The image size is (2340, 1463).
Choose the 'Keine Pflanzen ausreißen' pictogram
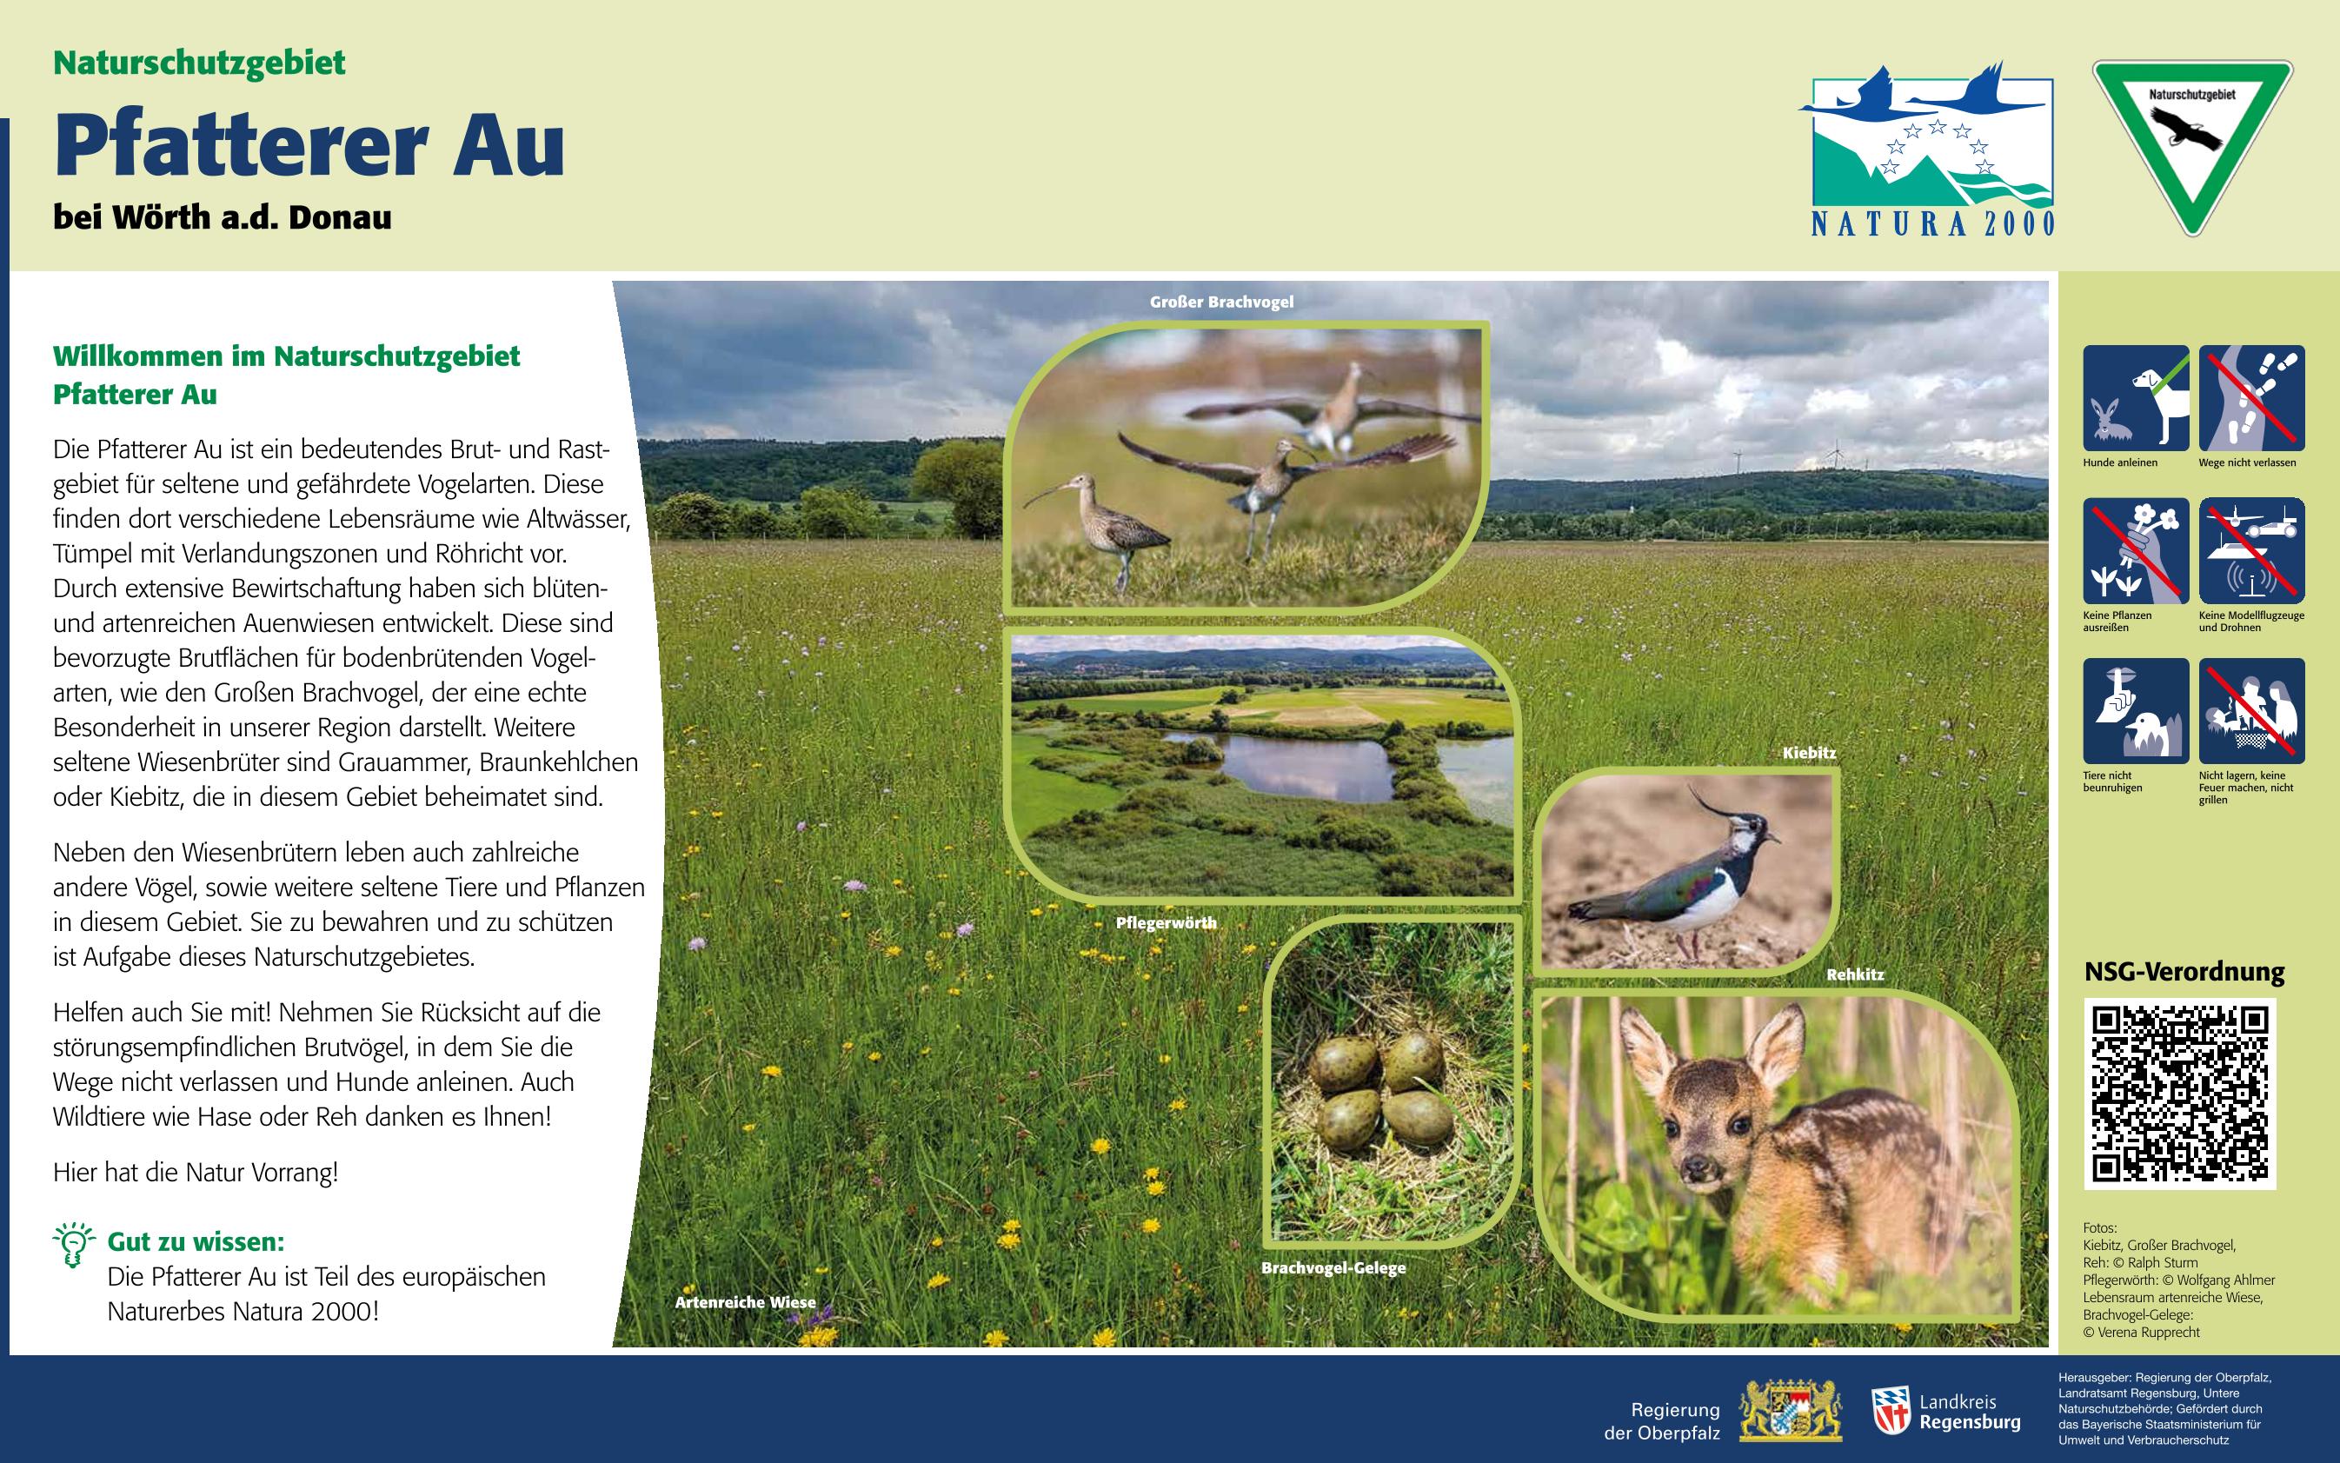[x=2136, y=550]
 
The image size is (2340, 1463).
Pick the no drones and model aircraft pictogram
[x=2252, y=550]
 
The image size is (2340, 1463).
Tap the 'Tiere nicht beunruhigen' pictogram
[x=2136, y=711]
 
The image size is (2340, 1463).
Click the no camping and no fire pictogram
[x=2252, y=711]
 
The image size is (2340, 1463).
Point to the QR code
[x=2179, y=1094]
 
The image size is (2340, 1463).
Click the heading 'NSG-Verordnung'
[x=2184, y=972]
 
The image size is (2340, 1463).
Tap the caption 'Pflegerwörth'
[x=1166, y=923]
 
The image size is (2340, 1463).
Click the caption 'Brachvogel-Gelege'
[x=1333, y=1267]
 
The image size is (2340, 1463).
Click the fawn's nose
[x=1694, y=1170]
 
